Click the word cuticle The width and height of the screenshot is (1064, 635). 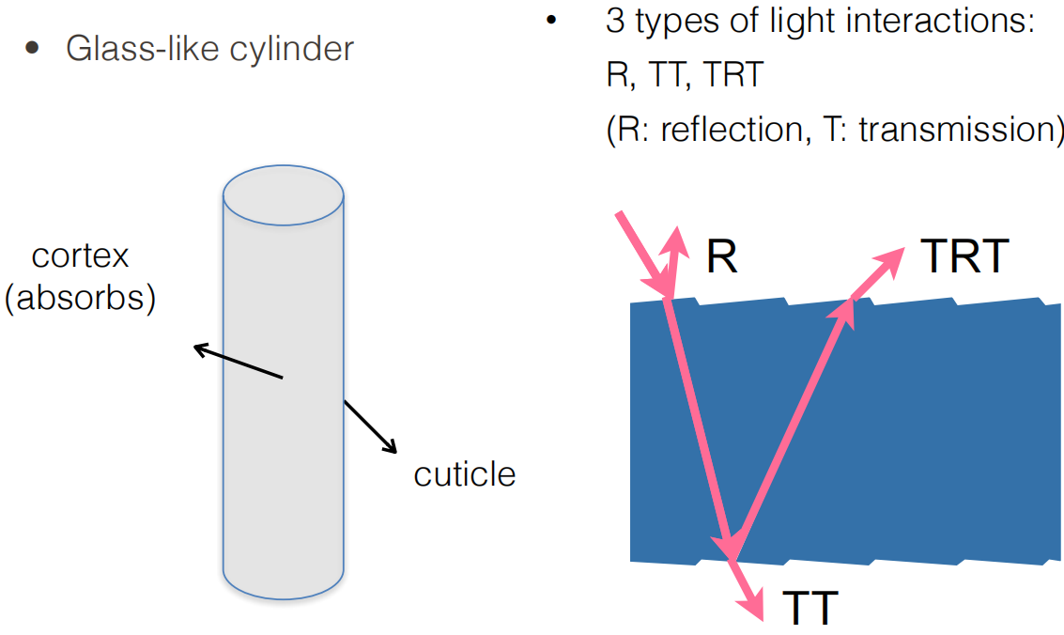click(x=465, y=474)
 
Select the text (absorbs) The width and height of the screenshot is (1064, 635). click(x=80, y=298)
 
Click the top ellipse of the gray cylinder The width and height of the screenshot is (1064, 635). click(x=283, y=198)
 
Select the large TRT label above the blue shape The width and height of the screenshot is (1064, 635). click(x=965, y=256)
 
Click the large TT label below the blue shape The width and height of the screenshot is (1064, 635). click(x=809, y=609)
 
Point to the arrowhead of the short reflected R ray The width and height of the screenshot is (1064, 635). click(x=674, y=240)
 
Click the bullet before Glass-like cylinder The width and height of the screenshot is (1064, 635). click(x=33, y=48)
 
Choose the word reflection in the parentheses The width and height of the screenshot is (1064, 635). click(x=729, y=129)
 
